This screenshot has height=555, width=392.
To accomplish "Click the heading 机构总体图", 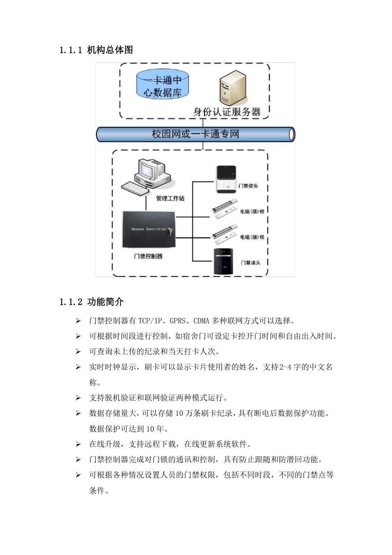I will [x=110, y=50].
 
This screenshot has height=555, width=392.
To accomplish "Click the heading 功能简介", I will [x=106, y=302].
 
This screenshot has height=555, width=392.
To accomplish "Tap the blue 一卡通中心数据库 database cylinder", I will [x=163, y=86].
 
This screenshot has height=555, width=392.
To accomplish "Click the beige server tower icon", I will [x=233, y=88].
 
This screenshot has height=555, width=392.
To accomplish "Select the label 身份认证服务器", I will [x=227, y=111].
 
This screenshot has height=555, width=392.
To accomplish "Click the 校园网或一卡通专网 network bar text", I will [x=195, y=134].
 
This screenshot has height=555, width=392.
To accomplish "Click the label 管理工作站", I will [x=170, y=198].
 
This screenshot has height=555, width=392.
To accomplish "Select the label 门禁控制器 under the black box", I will [x=148, y=256].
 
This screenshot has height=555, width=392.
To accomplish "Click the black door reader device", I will [x=225, y=262].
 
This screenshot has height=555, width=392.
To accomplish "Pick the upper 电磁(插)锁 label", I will [x=252, y=211].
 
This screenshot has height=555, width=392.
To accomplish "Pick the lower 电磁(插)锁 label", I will [x=252, y=237].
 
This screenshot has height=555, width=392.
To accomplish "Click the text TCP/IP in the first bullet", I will [x=151, y=321].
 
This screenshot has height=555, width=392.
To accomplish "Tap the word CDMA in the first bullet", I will [x=202, y=321].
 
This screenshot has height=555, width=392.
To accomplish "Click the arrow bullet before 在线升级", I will [x=78, y=444].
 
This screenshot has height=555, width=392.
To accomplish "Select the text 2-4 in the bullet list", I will [x=284, y=367].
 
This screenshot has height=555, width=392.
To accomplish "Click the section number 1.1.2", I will [x=71, y=302].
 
